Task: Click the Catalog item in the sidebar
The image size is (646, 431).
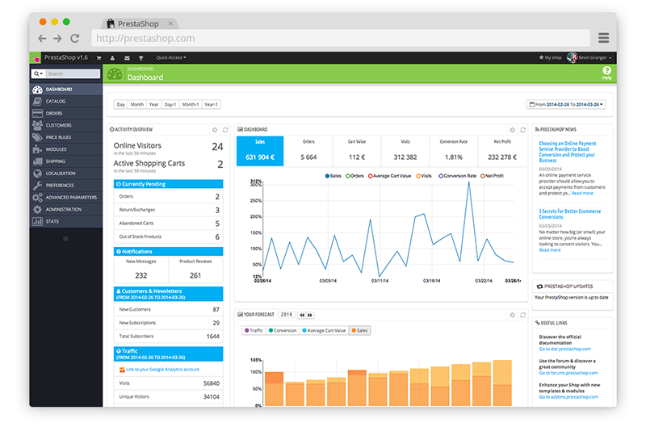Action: [56, 102]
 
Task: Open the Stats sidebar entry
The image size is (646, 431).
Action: [52, 221]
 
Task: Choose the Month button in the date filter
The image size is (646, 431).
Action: [137, 105]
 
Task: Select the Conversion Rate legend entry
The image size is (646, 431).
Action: [458, 175]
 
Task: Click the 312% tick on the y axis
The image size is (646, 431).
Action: [256, 182]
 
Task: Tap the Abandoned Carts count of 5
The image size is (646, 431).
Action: [216, 224]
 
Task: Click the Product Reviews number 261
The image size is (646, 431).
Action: [195, 275]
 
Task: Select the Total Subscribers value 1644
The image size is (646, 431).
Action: [212, 336]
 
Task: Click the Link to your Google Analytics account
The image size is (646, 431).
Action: [161, 370]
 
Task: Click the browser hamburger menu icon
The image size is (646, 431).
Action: [603, 38]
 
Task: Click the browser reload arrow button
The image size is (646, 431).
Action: [75, 38]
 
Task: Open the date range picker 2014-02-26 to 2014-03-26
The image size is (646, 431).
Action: [566, 105]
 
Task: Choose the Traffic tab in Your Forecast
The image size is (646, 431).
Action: [254, 330]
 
